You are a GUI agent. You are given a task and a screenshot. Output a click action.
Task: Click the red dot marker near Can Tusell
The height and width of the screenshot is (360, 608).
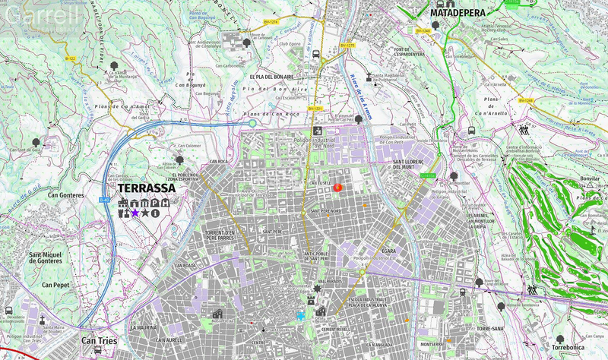tap(338, 187)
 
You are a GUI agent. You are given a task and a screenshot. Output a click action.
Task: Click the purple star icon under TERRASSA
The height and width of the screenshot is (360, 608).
tap(135, 213)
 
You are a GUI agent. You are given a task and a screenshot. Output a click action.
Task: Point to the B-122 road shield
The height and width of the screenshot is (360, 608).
tap(70, 58)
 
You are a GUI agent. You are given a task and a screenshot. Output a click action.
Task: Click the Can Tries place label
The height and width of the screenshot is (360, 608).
tap(99, 342)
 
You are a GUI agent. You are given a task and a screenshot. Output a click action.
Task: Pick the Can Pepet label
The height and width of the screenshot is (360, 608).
tap(56, 285)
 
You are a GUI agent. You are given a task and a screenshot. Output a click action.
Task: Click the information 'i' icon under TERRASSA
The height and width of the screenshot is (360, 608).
tap(155, 213)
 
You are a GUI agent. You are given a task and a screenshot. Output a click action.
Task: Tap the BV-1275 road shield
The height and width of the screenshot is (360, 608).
tap(347, 46)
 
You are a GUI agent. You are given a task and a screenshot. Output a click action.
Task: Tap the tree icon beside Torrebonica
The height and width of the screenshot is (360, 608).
tap(560, 339)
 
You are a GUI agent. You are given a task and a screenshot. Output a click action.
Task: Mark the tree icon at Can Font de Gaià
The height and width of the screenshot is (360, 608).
tap(35, 141)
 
